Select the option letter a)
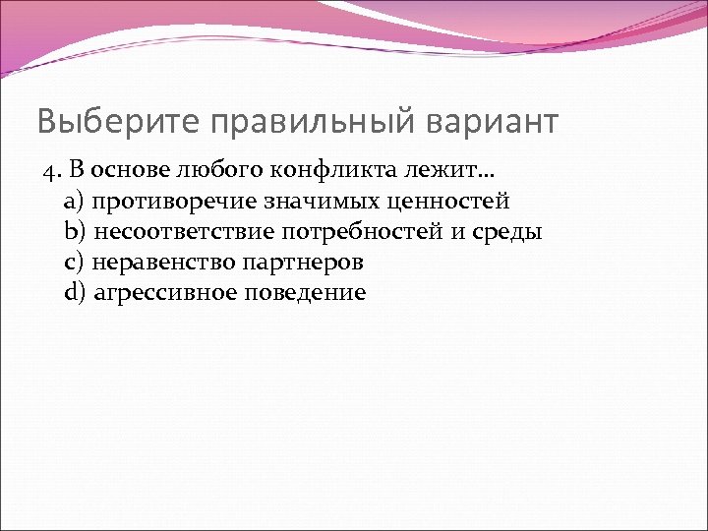75,203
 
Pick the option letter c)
75,263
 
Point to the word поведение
303,292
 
